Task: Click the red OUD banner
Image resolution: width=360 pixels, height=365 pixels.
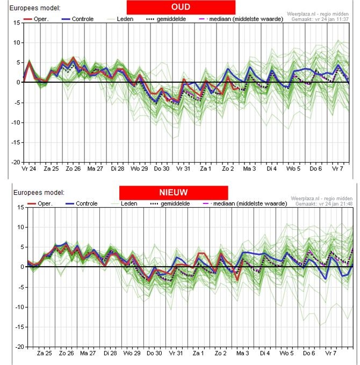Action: [181, 7]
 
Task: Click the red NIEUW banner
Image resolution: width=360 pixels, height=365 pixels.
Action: [173, 192]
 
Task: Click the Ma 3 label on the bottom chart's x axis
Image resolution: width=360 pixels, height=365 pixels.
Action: [243, 354]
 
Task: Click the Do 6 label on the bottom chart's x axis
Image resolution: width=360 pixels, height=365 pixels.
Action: [309, 354]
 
